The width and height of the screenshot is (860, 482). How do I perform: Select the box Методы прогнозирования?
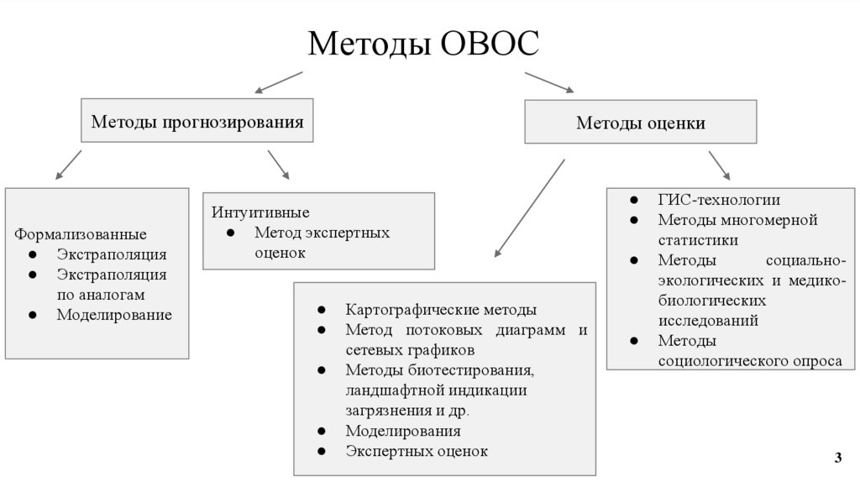197,123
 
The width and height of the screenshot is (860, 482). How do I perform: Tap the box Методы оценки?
640,123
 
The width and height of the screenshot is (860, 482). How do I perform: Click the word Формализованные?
81,233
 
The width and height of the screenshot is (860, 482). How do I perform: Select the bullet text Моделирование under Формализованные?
114,315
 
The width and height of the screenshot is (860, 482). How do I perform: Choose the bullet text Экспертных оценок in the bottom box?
416,451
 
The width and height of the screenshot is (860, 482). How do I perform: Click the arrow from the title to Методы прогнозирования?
277,81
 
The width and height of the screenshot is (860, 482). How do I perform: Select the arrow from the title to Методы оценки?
549,82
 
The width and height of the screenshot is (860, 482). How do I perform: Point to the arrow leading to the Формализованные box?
68,165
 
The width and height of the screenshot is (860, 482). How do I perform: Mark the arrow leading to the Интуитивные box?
279,165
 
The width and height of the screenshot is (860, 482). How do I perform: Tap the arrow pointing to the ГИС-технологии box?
719,165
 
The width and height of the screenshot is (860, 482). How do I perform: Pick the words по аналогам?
101,295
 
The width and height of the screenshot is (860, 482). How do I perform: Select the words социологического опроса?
750,360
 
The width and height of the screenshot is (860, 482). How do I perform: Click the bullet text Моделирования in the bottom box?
402,431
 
